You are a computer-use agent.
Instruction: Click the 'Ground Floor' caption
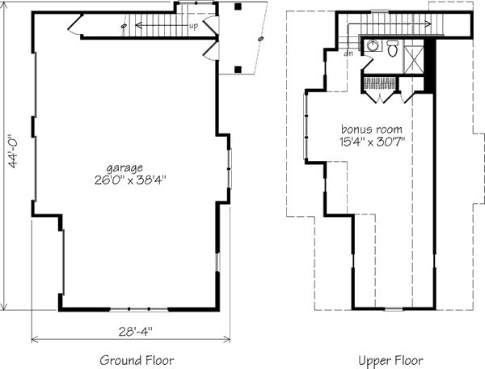[137, 360]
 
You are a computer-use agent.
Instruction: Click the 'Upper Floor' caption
[390, 360]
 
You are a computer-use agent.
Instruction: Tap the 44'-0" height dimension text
[14, 151]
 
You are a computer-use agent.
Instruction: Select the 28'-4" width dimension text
[136, 332]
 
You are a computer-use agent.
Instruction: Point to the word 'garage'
[124, 168]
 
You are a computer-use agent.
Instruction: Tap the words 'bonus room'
[372, 129]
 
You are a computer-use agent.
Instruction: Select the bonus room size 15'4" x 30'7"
[372, 142]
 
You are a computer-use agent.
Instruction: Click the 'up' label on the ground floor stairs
[193, 27]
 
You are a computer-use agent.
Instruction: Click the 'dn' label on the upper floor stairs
[348, 53]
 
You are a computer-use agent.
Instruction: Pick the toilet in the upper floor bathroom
[393, 48]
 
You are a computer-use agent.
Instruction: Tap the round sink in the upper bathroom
[373, 46]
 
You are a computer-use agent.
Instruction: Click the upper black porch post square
[238, 6]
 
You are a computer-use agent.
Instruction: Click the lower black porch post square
[238, 70]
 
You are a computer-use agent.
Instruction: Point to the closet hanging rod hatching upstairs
[380, 83]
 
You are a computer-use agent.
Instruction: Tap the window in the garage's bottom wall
[139, 309]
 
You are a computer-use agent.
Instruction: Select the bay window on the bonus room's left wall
[306, 126]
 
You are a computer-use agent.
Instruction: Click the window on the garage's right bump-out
[229, 168]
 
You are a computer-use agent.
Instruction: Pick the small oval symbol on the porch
[261, 39]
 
